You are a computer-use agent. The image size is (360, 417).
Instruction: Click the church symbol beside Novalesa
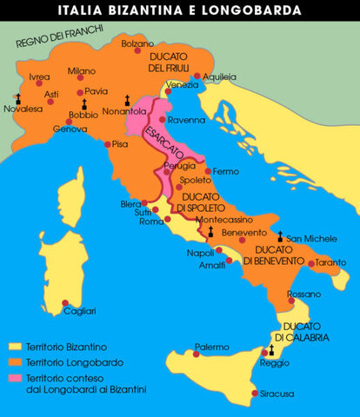click(x=17, y=96)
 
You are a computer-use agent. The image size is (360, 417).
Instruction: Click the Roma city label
click(x=151, y=221)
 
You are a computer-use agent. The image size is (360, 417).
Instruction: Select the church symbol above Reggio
click(x=271, y=349)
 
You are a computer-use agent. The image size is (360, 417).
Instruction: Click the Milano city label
click(x=82, y=70)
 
